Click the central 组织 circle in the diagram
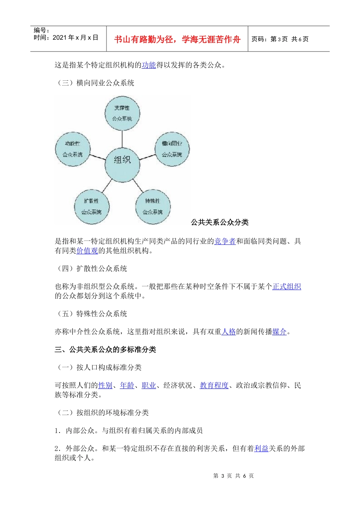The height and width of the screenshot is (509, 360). pos(122,160)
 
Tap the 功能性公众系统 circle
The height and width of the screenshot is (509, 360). pos(72,149)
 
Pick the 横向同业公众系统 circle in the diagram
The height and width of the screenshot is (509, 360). pos(172,149)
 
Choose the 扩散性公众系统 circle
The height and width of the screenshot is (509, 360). pos(91,206)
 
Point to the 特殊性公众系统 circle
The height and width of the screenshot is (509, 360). pos(153,206)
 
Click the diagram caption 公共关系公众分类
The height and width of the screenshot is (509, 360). pos(220,222)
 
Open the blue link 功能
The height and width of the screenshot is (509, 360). pos(149,65)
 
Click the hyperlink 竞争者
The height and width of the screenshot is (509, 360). pos(225,241)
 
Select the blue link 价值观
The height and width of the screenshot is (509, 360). pos(87,250)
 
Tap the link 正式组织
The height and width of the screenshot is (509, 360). pos(287,287)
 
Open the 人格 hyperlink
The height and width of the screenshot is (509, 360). pos(229,332)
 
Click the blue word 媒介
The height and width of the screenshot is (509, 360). pos(279,332)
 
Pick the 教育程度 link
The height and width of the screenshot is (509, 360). pos(214,386)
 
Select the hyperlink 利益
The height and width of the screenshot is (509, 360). pos(261,449)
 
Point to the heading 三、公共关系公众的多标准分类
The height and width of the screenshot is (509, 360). pos(105,350)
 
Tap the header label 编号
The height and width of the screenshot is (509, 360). pos(41,30)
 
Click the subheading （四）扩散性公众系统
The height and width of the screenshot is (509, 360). pos(91,269)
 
